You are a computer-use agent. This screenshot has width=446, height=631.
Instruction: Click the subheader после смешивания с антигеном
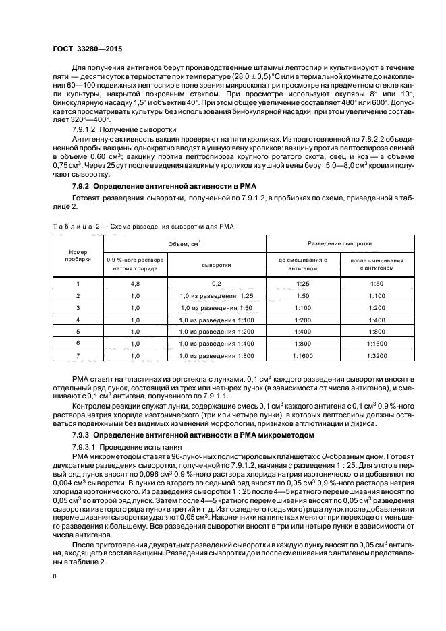point(372,264)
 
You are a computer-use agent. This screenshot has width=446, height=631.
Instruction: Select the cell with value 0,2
point(217,284)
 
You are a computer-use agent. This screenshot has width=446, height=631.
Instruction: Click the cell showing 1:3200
point(372,355)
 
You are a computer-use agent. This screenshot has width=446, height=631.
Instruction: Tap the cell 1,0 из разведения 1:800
point(216,355)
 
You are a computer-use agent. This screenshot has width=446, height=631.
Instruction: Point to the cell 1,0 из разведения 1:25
point(216,296)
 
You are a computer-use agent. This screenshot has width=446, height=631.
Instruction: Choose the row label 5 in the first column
point(78,331)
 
